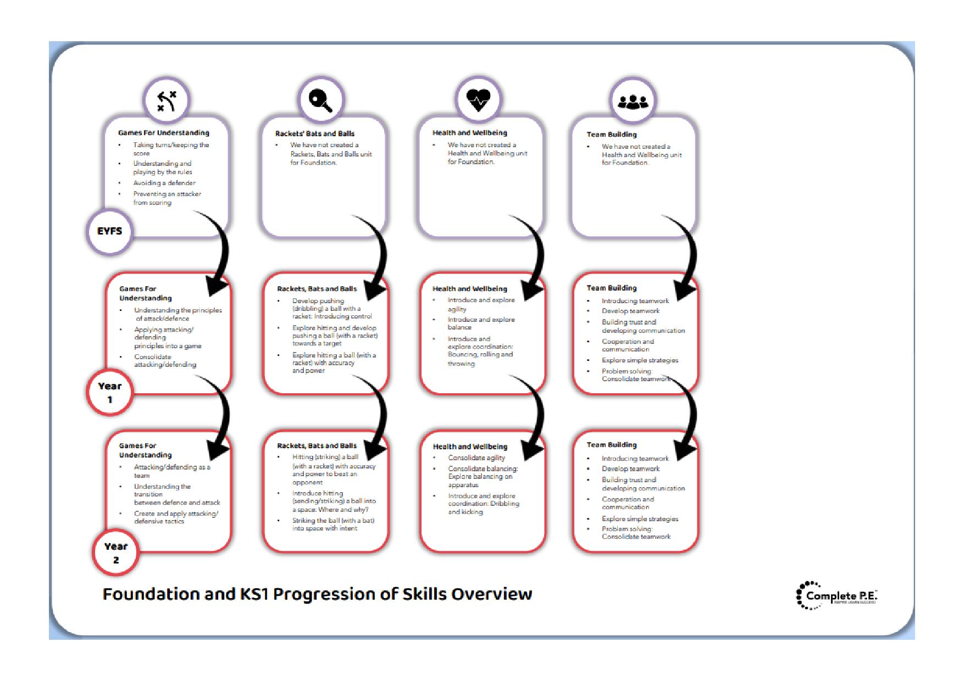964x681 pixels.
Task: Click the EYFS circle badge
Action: pos(110,232)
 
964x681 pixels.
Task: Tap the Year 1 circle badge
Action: pos(110,392)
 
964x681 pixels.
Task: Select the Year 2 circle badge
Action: pos(116,552)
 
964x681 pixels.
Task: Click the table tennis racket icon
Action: pos(320,101)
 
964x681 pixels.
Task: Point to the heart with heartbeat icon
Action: pos(478,100)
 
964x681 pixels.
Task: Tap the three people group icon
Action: pos(633,101)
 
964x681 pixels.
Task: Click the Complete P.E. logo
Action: pos(836,596)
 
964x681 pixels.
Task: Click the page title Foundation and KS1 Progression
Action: pos(317,594)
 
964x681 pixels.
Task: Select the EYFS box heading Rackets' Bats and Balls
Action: pos(315,133)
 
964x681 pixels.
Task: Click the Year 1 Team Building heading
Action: pos(611,288)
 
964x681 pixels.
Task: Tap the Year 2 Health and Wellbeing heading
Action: pos(470,446)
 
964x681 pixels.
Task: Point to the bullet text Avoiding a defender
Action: pos(164,183)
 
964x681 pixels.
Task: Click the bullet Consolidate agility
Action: pos(476,457)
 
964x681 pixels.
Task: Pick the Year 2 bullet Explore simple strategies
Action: pos(640,518)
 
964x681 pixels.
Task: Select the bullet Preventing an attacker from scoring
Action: pos(167,198)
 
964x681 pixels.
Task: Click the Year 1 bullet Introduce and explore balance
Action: pos(481,323)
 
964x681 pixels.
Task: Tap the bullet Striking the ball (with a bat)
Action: pos(333,524)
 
